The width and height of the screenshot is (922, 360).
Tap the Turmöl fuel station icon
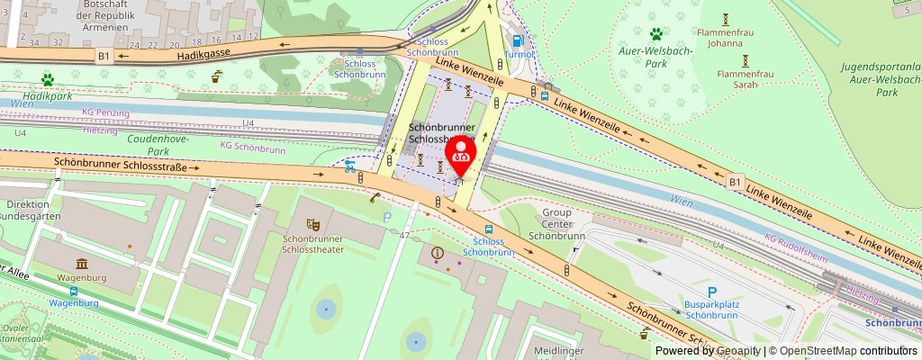coord(517,40)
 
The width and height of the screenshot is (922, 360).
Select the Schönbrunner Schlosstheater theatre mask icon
coord(313,223)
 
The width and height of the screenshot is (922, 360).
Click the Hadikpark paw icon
coord(47,80)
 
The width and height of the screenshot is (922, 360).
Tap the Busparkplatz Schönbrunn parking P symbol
coord(711,292)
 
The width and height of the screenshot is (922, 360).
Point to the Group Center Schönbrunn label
coord(557,223)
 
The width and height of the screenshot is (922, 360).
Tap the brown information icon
coord(438,253)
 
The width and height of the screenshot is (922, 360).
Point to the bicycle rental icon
coord(348,166)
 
